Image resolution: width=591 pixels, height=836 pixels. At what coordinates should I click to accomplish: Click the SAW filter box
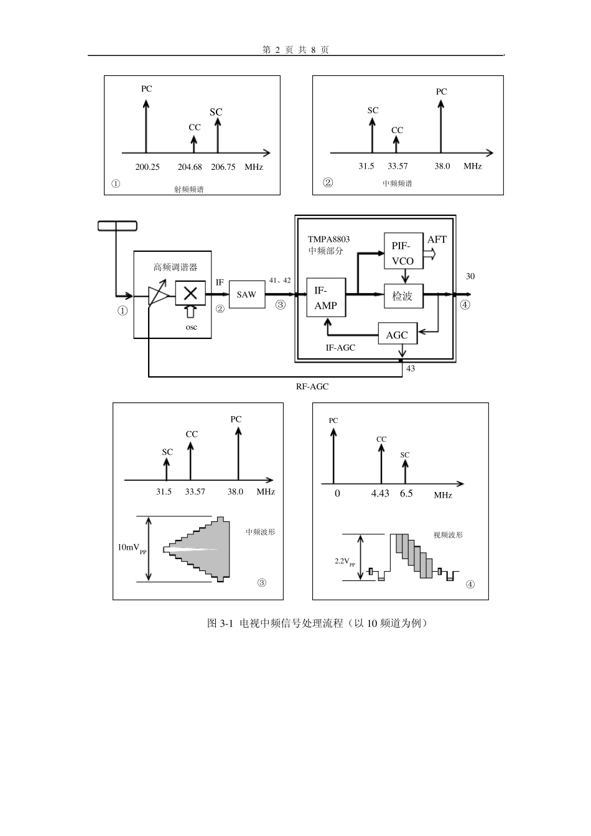247,294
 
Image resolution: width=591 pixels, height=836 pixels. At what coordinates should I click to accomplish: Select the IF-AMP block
327,297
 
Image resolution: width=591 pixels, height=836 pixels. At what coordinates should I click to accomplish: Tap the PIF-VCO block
404,251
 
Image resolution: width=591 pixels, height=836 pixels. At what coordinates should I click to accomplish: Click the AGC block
398,333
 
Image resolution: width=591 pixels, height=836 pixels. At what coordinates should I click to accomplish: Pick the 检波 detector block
404,296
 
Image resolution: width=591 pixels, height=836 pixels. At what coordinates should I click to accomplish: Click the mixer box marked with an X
190,293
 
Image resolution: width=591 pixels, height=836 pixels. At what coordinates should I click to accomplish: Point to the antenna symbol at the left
117,226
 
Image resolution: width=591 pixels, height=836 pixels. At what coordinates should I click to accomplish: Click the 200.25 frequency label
147,167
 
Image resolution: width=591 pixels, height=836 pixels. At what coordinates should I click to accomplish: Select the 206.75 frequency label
223,167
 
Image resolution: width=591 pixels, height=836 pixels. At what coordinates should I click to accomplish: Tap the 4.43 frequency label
380,493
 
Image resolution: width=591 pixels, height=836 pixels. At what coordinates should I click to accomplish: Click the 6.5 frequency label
406,493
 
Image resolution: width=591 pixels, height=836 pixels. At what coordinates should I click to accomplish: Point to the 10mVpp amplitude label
132,548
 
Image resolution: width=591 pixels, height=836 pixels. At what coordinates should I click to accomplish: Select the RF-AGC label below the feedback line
312,387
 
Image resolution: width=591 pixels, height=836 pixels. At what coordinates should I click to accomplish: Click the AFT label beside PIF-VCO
437,239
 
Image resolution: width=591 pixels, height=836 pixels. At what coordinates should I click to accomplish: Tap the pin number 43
411,369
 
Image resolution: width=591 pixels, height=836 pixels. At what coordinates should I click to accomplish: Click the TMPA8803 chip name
328,239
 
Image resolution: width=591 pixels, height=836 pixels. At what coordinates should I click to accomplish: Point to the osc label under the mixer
191,327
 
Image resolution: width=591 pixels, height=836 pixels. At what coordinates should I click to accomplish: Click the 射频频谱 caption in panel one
189,189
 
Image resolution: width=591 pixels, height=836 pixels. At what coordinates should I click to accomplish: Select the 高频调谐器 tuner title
175,267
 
